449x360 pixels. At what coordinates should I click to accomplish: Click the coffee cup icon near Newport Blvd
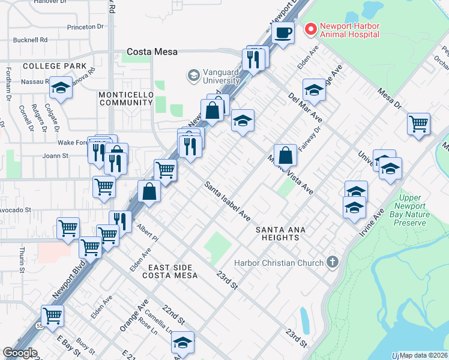(x=283, y=32)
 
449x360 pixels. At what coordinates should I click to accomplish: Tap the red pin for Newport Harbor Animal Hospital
(x=310, y=28)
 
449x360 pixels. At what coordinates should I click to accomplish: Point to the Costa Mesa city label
(x=152, y=52)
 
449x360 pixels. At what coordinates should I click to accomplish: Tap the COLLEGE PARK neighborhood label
(x=46, y=65)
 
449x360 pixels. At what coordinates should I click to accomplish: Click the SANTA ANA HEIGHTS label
(x=277, y=233)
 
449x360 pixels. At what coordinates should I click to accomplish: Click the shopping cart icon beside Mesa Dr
(x=418, y=124)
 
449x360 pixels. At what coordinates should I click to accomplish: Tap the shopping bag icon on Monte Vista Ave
(x=286, y=155)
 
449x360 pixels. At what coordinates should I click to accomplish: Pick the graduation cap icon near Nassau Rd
(x=61, y=88)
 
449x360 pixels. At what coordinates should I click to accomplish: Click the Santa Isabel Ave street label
(x=229, y=200)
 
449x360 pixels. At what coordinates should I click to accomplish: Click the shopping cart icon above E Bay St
(x=53, y=315)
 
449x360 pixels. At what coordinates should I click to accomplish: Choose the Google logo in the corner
(x=20, y=352)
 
